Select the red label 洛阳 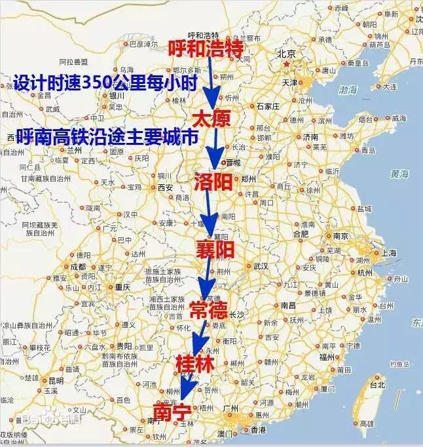tap(213, 181)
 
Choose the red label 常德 tap(209, 309)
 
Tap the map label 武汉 tap(260, 265)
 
